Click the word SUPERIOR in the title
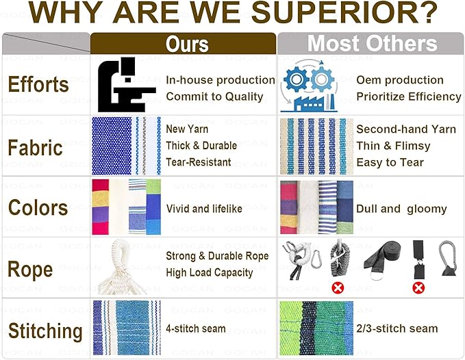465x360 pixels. click(x=344, y=13)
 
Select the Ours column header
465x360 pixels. click(x=187, y=44)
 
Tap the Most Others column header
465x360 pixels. click(x=372, y=44)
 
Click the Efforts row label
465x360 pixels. click(x=38, y=84)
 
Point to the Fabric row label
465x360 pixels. click(x=36, y=148)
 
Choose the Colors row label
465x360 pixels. click(x=38, y=207)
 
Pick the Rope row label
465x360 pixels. click(x=30, y=270)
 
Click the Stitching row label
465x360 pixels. click(x=45, y=331)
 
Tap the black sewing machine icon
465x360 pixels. click(x=127, y=85)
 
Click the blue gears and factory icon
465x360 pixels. click(x=309, y=86)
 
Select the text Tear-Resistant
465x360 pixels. click(x=199, y=162)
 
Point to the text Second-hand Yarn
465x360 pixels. click(x=406, y=129)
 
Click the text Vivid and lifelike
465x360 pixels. click(x=204, y=209)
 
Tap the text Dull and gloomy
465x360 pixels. click(x=401, y=209)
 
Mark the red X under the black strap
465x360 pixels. click(x=418, y=287)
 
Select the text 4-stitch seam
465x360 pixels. click(x=196, y=329)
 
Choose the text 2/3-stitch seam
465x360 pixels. click(x=397, y=329)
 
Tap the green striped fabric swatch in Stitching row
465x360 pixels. click(x=316, y=328)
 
